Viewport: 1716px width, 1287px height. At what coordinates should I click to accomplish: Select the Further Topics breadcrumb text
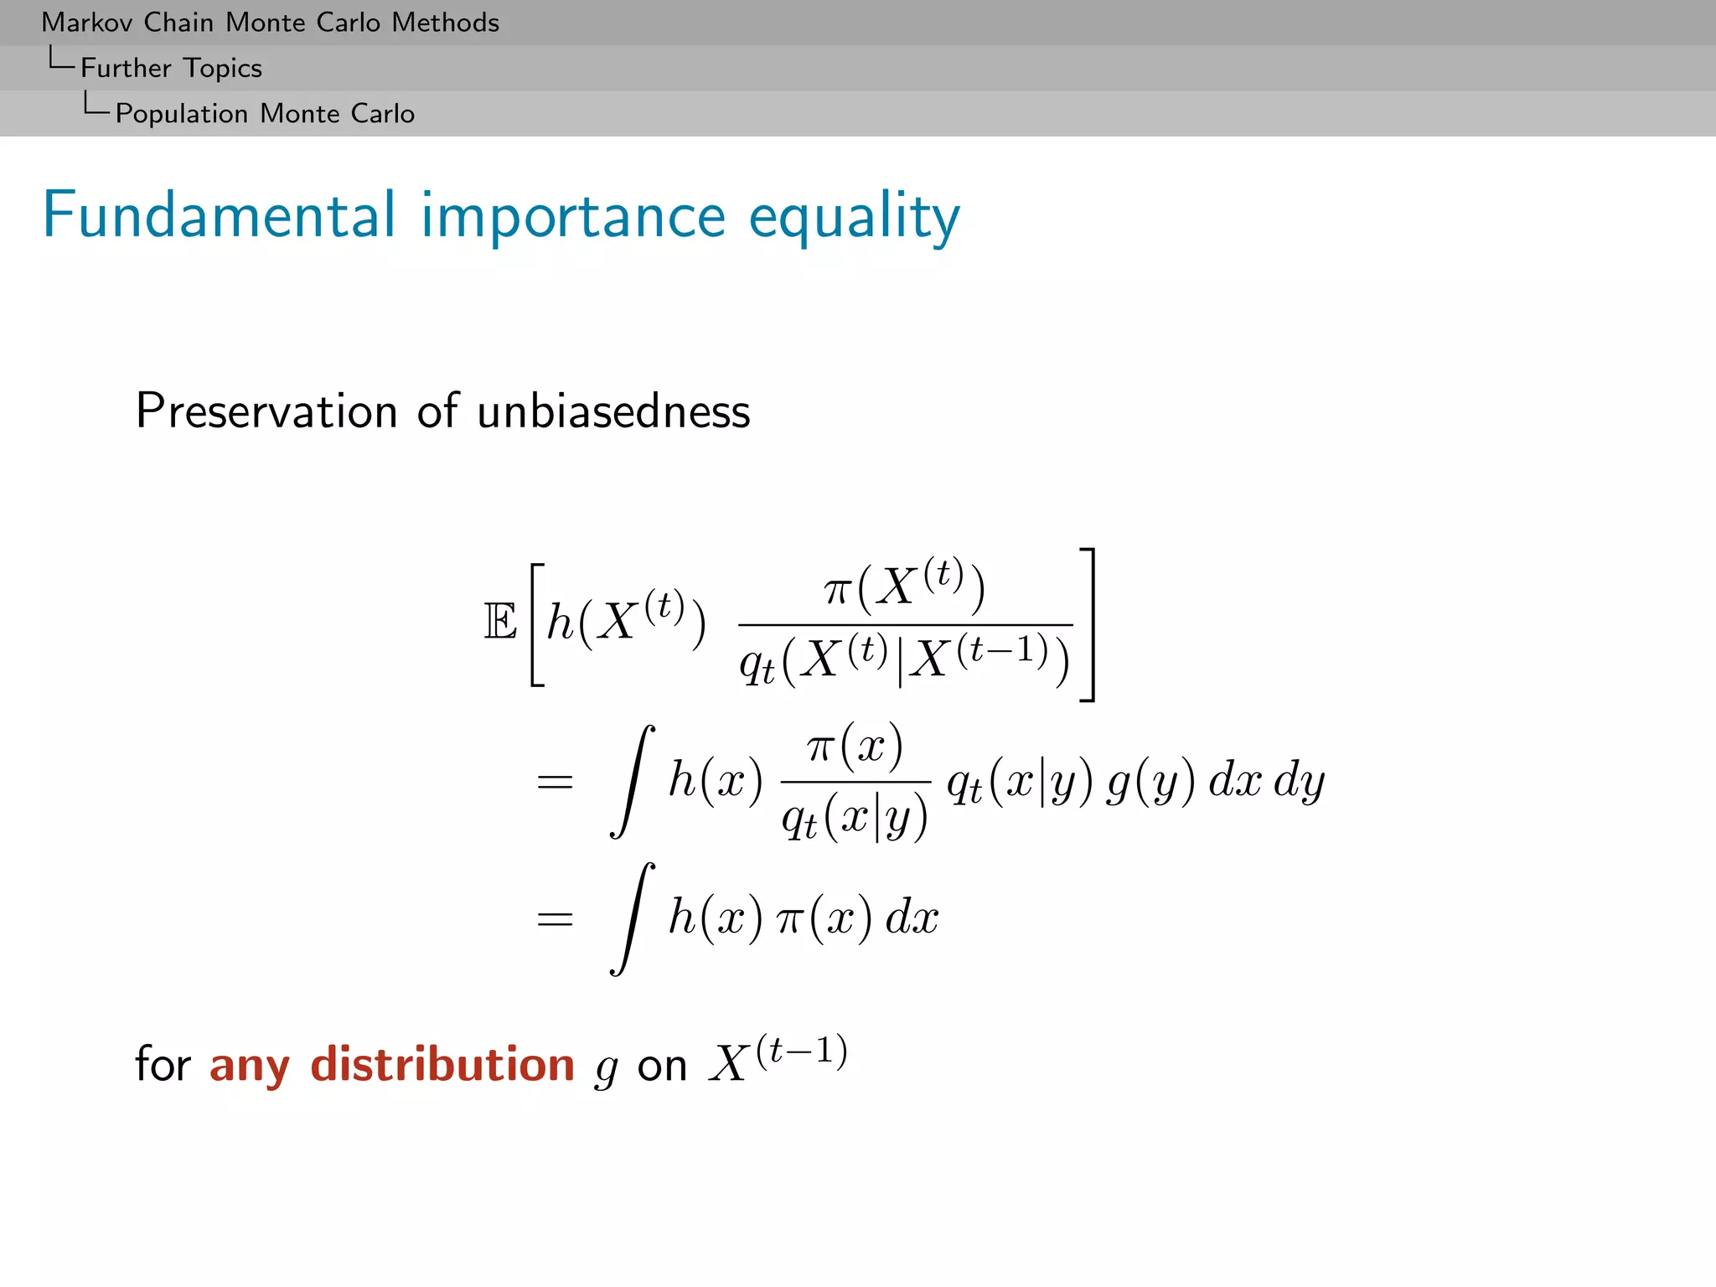tap(171, 68)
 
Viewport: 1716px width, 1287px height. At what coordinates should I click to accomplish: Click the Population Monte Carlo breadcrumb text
tap(265, 113)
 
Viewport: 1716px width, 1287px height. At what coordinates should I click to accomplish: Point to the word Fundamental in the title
tap(219, 215)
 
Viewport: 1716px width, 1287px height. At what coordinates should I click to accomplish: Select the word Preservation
tap(266, 411)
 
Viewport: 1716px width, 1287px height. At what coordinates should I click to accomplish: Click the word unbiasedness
tap(613, 411)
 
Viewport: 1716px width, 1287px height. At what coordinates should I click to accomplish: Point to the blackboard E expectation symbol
tap(500, 623)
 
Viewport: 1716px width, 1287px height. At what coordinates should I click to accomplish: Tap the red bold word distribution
tap(442, 1064)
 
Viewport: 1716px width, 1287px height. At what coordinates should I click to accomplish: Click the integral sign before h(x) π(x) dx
tap(633, 919)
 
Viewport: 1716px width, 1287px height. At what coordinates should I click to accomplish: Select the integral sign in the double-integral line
tap(633, 782)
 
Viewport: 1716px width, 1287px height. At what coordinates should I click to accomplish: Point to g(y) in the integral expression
tap(1150, 782)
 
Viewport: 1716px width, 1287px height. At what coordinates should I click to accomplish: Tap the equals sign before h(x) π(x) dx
tap(555, 919)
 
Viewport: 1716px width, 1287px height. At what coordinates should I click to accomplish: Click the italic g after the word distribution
tap(606, 1069)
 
